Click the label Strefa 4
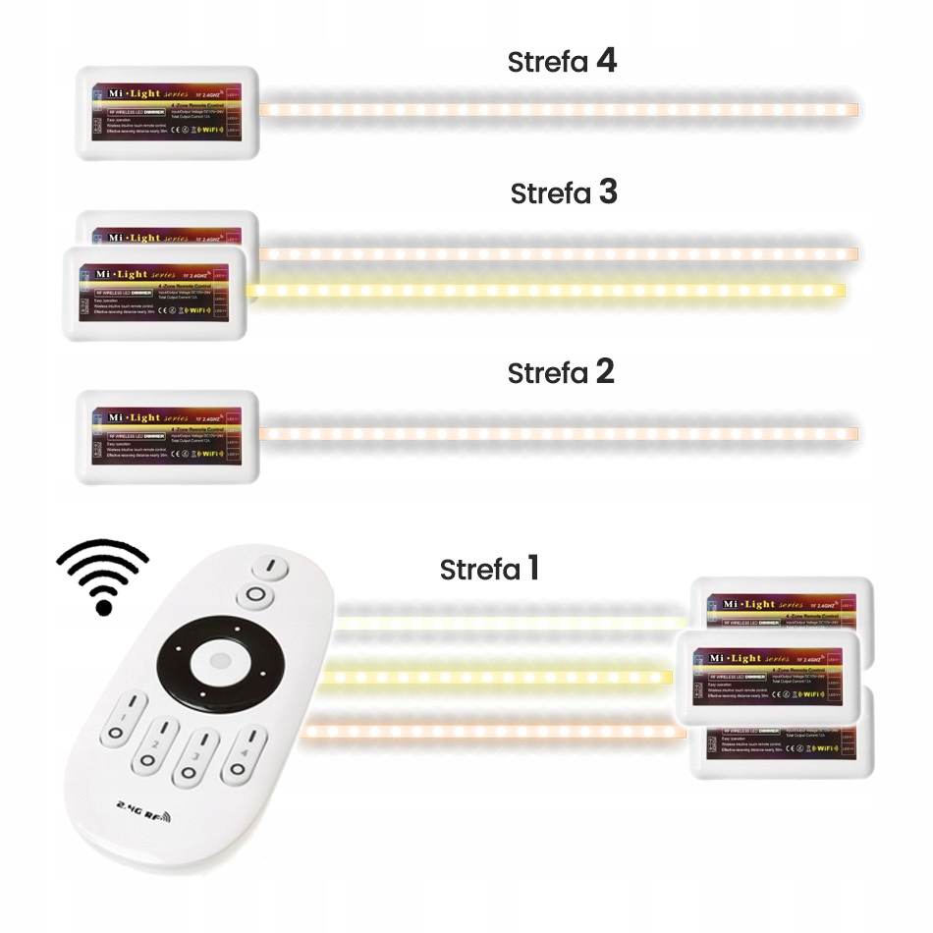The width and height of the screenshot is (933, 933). point(562,62)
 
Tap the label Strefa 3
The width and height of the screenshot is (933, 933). point(564,192)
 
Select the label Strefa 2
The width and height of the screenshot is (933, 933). point(561,372)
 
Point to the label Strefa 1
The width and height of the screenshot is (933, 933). point(489,569)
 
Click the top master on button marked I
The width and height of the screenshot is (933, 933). point(267,567)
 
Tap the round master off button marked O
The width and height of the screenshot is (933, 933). point(254,596)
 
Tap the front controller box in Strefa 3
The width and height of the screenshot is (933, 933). point(154,293)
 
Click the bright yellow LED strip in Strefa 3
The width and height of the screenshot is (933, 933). point(546,290)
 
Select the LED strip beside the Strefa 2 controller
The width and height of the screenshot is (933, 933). point(560,433)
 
